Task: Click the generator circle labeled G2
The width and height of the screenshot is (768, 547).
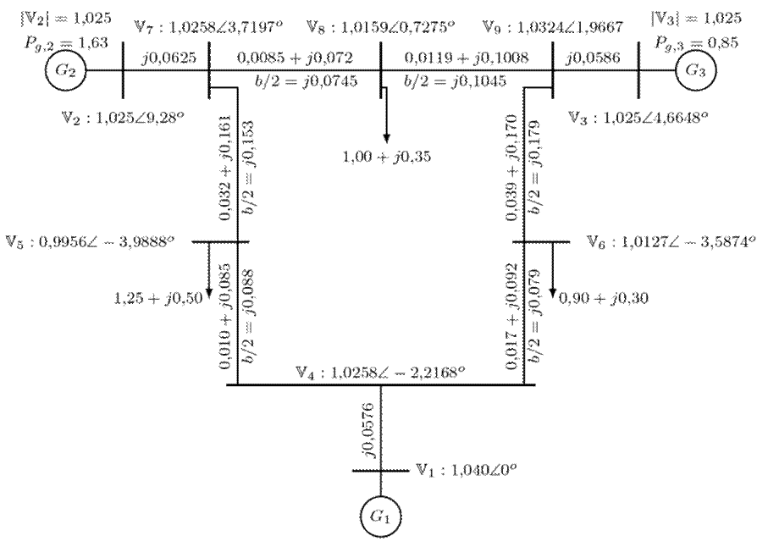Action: coord(67,71)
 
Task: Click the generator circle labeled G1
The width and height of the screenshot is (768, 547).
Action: coord(380,514)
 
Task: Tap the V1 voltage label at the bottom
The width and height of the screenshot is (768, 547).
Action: coord(465,469)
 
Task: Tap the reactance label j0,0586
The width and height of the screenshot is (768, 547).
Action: coord(594,57)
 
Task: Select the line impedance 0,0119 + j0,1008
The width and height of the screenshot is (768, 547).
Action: coord(462,57)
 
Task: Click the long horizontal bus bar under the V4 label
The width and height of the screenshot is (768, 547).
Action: coord(380,385)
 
